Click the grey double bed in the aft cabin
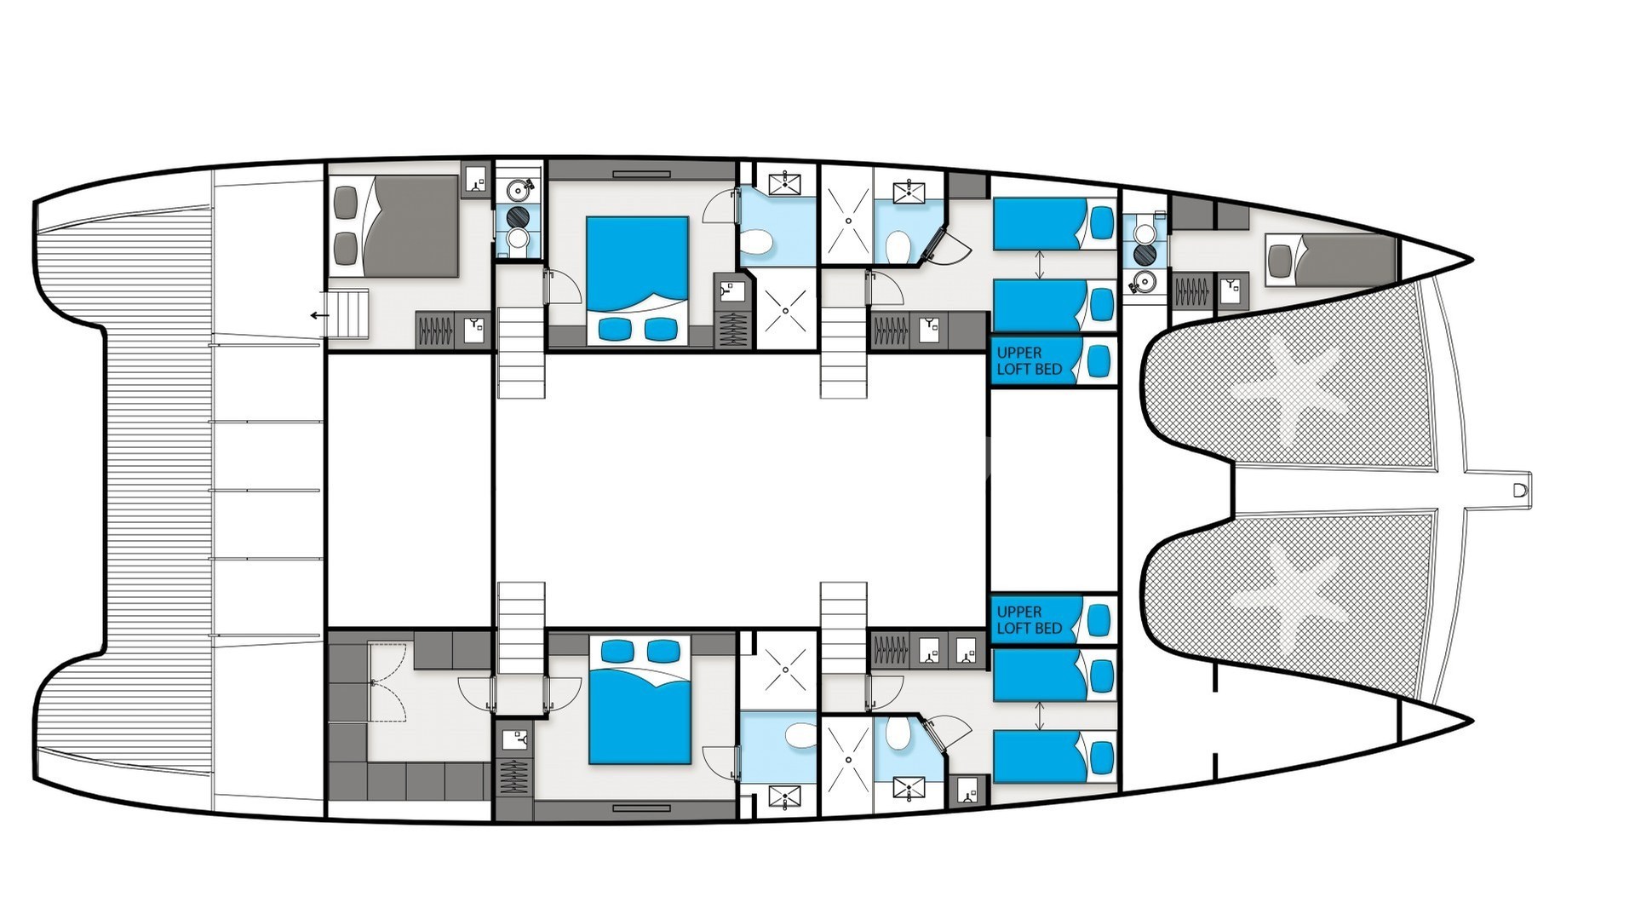394,226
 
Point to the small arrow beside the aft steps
320,316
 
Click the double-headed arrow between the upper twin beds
1039,264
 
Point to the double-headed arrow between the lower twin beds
1039,716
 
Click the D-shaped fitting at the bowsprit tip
1519,491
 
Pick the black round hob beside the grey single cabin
1144,255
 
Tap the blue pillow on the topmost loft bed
1101,361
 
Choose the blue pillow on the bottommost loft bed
1101,620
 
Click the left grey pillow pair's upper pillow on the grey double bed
346,203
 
